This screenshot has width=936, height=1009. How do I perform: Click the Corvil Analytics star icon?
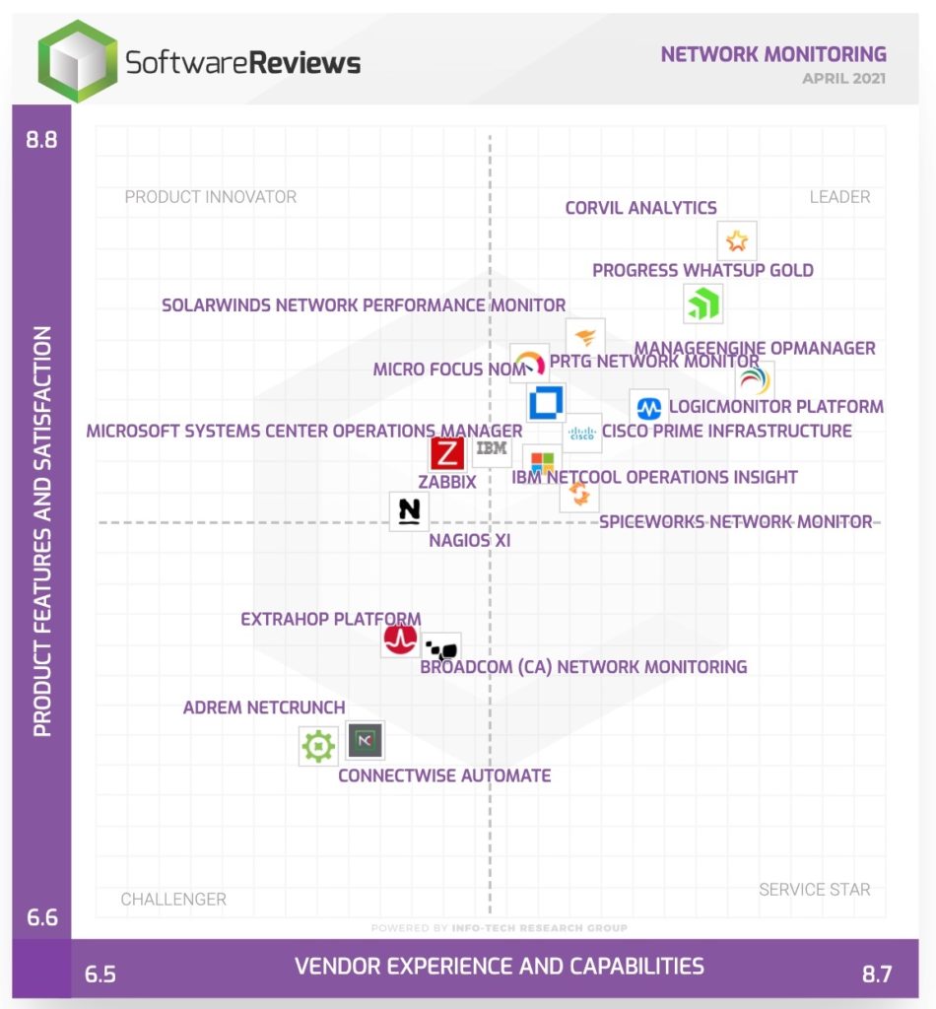pyautogui.click(x=737, y=240)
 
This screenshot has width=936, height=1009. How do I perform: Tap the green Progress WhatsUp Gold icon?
pyautogui.click(x=703, y=303)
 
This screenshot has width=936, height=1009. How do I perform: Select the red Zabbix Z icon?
pyautogui.click(x=447, y=454)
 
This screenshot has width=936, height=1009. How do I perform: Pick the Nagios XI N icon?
pyautogui.click(x=409, y=511)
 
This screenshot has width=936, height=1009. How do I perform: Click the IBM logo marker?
pyautogui.click(x=492, y=449)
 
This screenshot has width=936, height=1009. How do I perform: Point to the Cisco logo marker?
pyautogui.click(x=582, y=433)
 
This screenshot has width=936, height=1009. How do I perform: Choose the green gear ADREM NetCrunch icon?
pyautogui.click(x=318, y=746)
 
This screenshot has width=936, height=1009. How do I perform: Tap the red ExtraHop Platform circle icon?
pyautogui.click(x=400, y=640)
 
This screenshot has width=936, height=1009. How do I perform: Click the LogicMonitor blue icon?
pyautogui.click(x=649, y=407)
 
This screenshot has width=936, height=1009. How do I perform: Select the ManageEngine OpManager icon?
pyautogui.click(x=755, y=381)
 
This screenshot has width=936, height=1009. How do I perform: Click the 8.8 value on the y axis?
pyautogui.click(x=41, y=139)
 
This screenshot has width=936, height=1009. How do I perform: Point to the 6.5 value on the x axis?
pyautogui.click(x=100, y=975)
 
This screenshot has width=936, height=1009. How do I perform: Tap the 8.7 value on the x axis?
pyautogui.click(x=876, y=975)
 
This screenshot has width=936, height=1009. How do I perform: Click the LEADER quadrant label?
pyautogui.click(x=839, y=197)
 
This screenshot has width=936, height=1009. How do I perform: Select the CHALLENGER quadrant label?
pyautogui.click(x=173, y=899)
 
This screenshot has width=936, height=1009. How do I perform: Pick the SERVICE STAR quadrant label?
pyautogui.click(x=814, y=890)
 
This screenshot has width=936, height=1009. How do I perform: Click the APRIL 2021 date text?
pyautogui.click(x=843, y=78)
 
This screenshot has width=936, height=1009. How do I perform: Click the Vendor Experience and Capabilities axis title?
pyautogui.click(x=500, y=966)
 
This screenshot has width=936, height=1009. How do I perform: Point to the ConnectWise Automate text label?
pyautogui.click(x=444, y=775)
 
